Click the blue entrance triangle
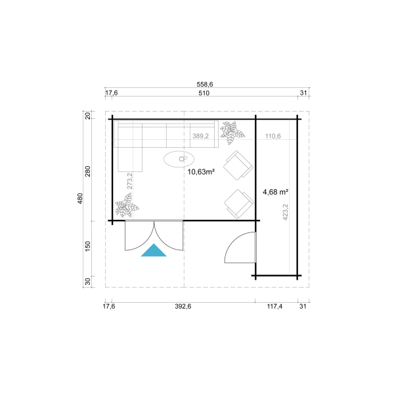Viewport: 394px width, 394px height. [x=154, y=251]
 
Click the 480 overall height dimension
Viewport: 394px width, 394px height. [x=80, y=198]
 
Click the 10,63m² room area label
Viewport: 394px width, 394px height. [x=202, y=171]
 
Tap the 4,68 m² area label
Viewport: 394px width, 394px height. [x=276, y=192]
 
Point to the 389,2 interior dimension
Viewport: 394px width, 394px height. [x=200, y=136]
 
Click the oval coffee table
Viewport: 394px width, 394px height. [x=179, y=158]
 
